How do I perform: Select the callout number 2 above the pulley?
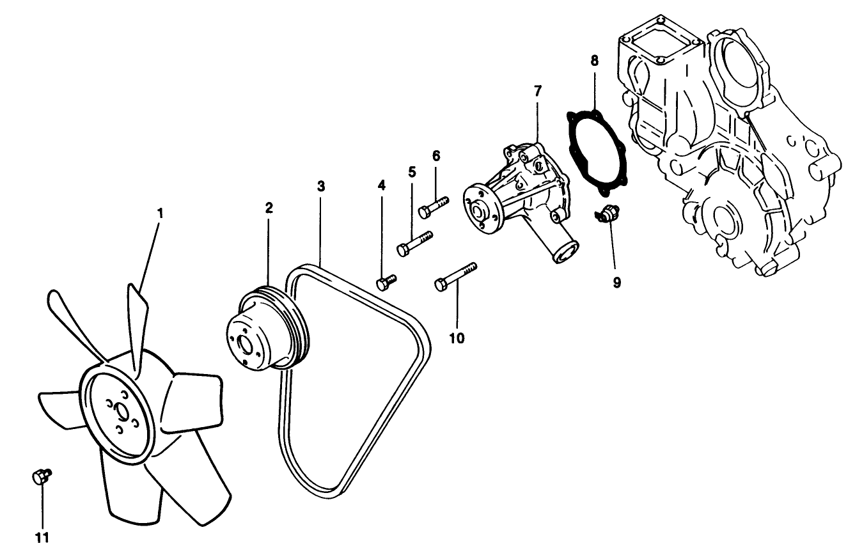click(x=269, y=208)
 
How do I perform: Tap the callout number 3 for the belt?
click(x=321, y=186)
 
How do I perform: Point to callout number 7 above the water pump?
click(x=537, y=91)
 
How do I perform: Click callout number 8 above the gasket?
click(x=594, y=61)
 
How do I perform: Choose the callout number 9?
click(x=617, y=282)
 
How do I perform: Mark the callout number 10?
click(x=457, y=338)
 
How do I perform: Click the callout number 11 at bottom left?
click(x=42, y=537)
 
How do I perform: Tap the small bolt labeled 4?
click(x=386, y=282)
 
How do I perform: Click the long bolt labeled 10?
click(x=455, y=276)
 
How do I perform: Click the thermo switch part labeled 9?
click(x=606, y=215)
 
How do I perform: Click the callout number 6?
click(x=436, y=155)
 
